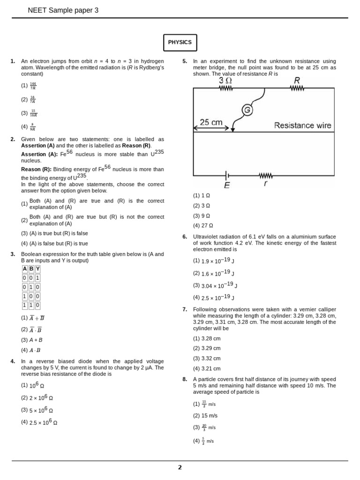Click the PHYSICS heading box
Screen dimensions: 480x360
click(180, 42)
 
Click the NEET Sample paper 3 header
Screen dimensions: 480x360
click(63, 10)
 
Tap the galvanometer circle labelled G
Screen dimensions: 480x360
click(247, 110)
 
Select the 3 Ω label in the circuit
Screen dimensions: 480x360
click(225, 81)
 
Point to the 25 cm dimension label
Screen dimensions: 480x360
click(211, 122)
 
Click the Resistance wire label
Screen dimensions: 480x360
click(302, 125)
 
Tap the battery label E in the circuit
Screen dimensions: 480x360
click(227, 185)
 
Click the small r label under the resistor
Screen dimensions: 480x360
click(266, 184)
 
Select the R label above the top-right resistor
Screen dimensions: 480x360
click(297, 80)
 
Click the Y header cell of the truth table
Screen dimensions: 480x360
click(37, 269)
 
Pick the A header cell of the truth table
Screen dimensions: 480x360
click(25, 269)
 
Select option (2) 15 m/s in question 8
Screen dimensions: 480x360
click(205, 415)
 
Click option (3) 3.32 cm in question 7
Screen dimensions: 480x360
click(207, 358)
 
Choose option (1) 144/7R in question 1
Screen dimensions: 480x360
click(29, 86)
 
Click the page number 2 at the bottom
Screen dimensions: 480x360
click(180, 467)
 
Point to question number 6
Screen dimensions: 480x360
click(185, 237)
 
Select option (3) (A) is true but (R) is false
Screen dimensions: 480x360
click(54, 233)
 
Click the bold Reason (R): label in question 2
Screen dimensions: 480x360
click(36, 169)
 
